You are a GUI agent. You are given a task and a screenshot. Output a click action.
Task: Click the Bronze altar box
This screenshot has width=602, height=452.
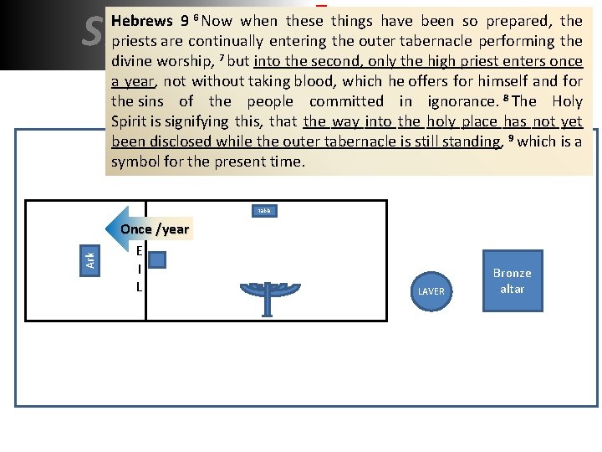(512, 280)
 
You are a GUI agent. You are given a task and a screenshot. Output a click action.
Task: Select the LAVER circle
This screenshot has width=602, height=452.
(431, 290)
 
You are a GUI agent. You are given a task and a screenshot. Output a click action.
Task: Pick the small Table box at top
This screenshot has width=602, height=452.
(264, 211)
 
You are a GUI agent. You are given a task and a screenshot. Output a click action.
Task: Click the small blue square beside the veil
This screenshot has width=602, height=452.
(156, 260)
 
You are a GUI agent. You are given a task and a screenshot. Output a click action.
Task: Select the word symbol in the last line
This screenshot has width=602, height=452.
(134, 162)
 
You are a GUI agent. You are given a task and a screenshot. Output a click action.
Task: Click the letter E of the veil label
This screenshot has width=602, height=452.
(139, 252)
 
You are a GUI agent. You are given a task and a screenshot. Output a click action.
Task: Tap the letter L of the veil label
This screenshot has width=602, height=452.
(139, 287)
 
